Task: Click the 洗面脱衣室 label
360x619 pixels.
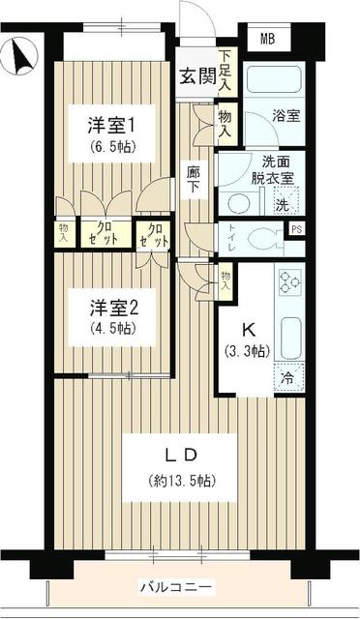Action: coord(256,170)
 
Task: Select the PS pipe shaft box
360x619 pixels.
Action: coord(296,229)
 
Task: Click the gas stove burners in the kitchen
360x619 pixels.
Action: coord(289,280)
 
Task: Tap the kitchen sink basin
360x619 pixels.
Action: coord(289,335)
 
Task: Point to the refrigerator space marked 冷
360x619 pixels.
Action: coord(289,378)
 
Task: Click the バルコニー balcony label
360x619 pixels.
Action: coord(178,587)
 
